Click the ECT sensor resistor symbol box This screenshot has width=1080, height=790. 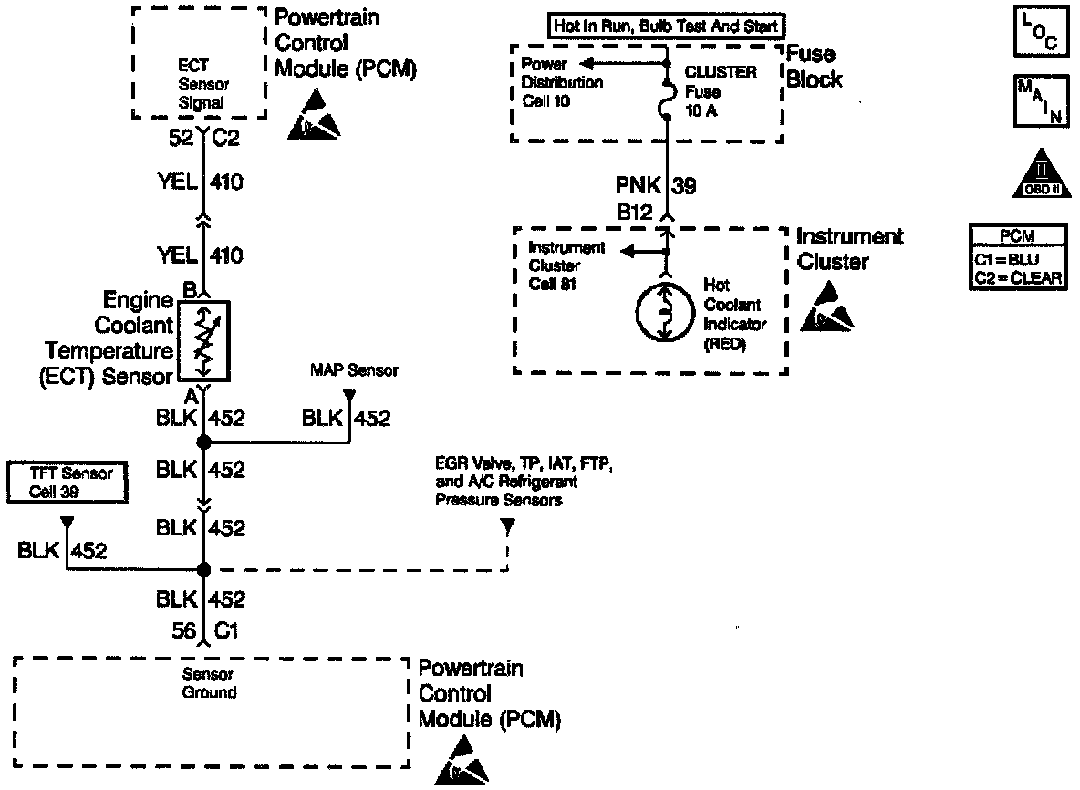click(203, 339)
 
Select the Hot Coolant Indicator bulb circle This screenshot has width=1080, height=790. click(667, 313)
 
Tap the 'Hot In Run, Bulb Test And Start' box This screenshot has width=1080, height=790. click(667, 26)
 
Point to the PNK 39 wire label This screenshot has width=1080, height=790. click(671, 187)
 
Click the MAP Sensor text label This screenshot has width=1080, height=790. click(354, 371)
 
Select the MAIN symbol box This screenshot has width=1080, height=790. click(1040, 101)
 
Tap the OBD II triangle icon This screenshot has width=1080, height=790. click(1040, 174)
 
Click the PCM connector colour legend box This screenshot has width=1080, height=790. click(1018, 258)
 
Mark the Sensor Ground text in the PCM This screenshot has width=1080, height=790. click(209, 683)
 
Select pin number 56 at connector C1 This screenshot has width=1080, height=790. click(182, 629)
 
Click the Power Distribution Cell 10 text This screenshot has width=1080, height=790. click(562, 83)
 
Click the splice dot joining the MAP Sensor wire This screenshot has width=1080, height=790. click(203, 442)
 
